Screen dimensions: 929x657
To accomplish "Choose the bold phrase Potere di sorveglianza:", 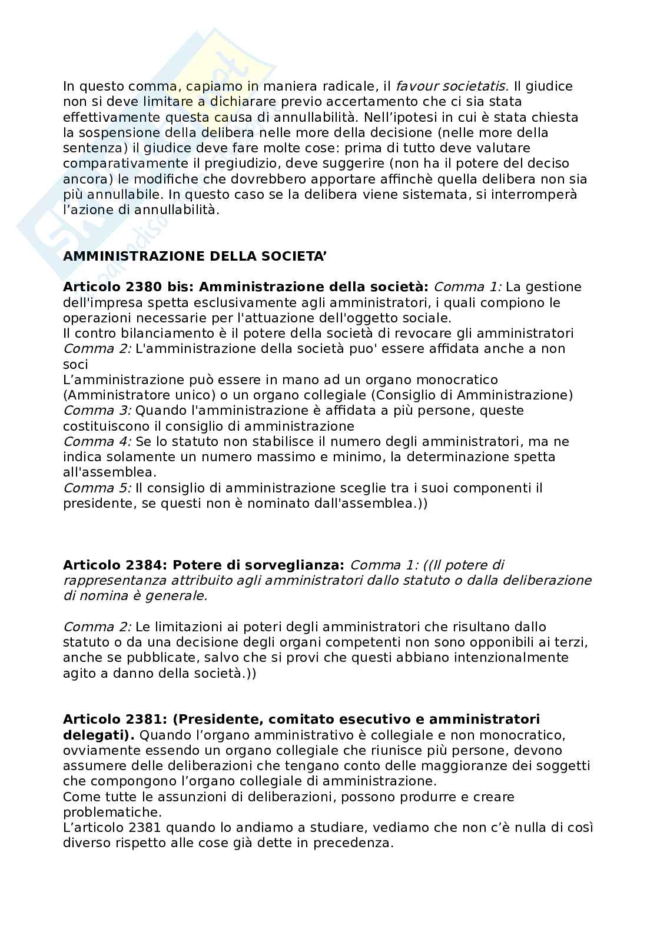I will pyautogui.click(x=258, y=565).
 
